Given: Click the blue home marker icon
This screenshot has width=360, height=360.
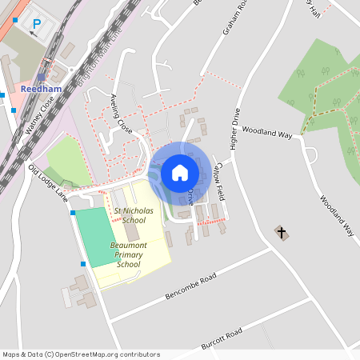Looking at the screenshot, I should (x=179, y=173).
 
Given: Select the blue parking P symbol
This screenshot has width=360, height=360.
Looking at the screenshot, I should (x=35, y=25).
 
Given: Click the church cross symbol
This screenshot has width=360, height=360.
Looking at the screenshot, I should (x=281, y=233).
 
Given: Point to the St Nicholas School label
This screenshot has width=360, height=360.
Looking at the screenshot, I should (x=129, y=214).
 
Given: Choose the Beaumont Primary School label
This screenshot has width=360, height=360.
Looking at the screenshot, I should (x=128, y=254).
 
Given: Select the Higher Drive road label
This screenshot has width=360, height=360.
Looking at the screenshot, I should (x=234, y=127).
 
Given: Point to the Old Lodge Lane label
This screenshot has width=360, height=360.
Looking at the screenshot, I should (x=49, y=182).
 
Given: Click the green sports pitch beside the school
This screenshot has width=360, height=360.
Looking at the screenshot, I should (x=97, y=237).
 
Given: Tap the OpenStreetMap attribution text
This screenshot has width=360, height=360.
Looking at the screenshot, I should (x=81, y=354).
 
